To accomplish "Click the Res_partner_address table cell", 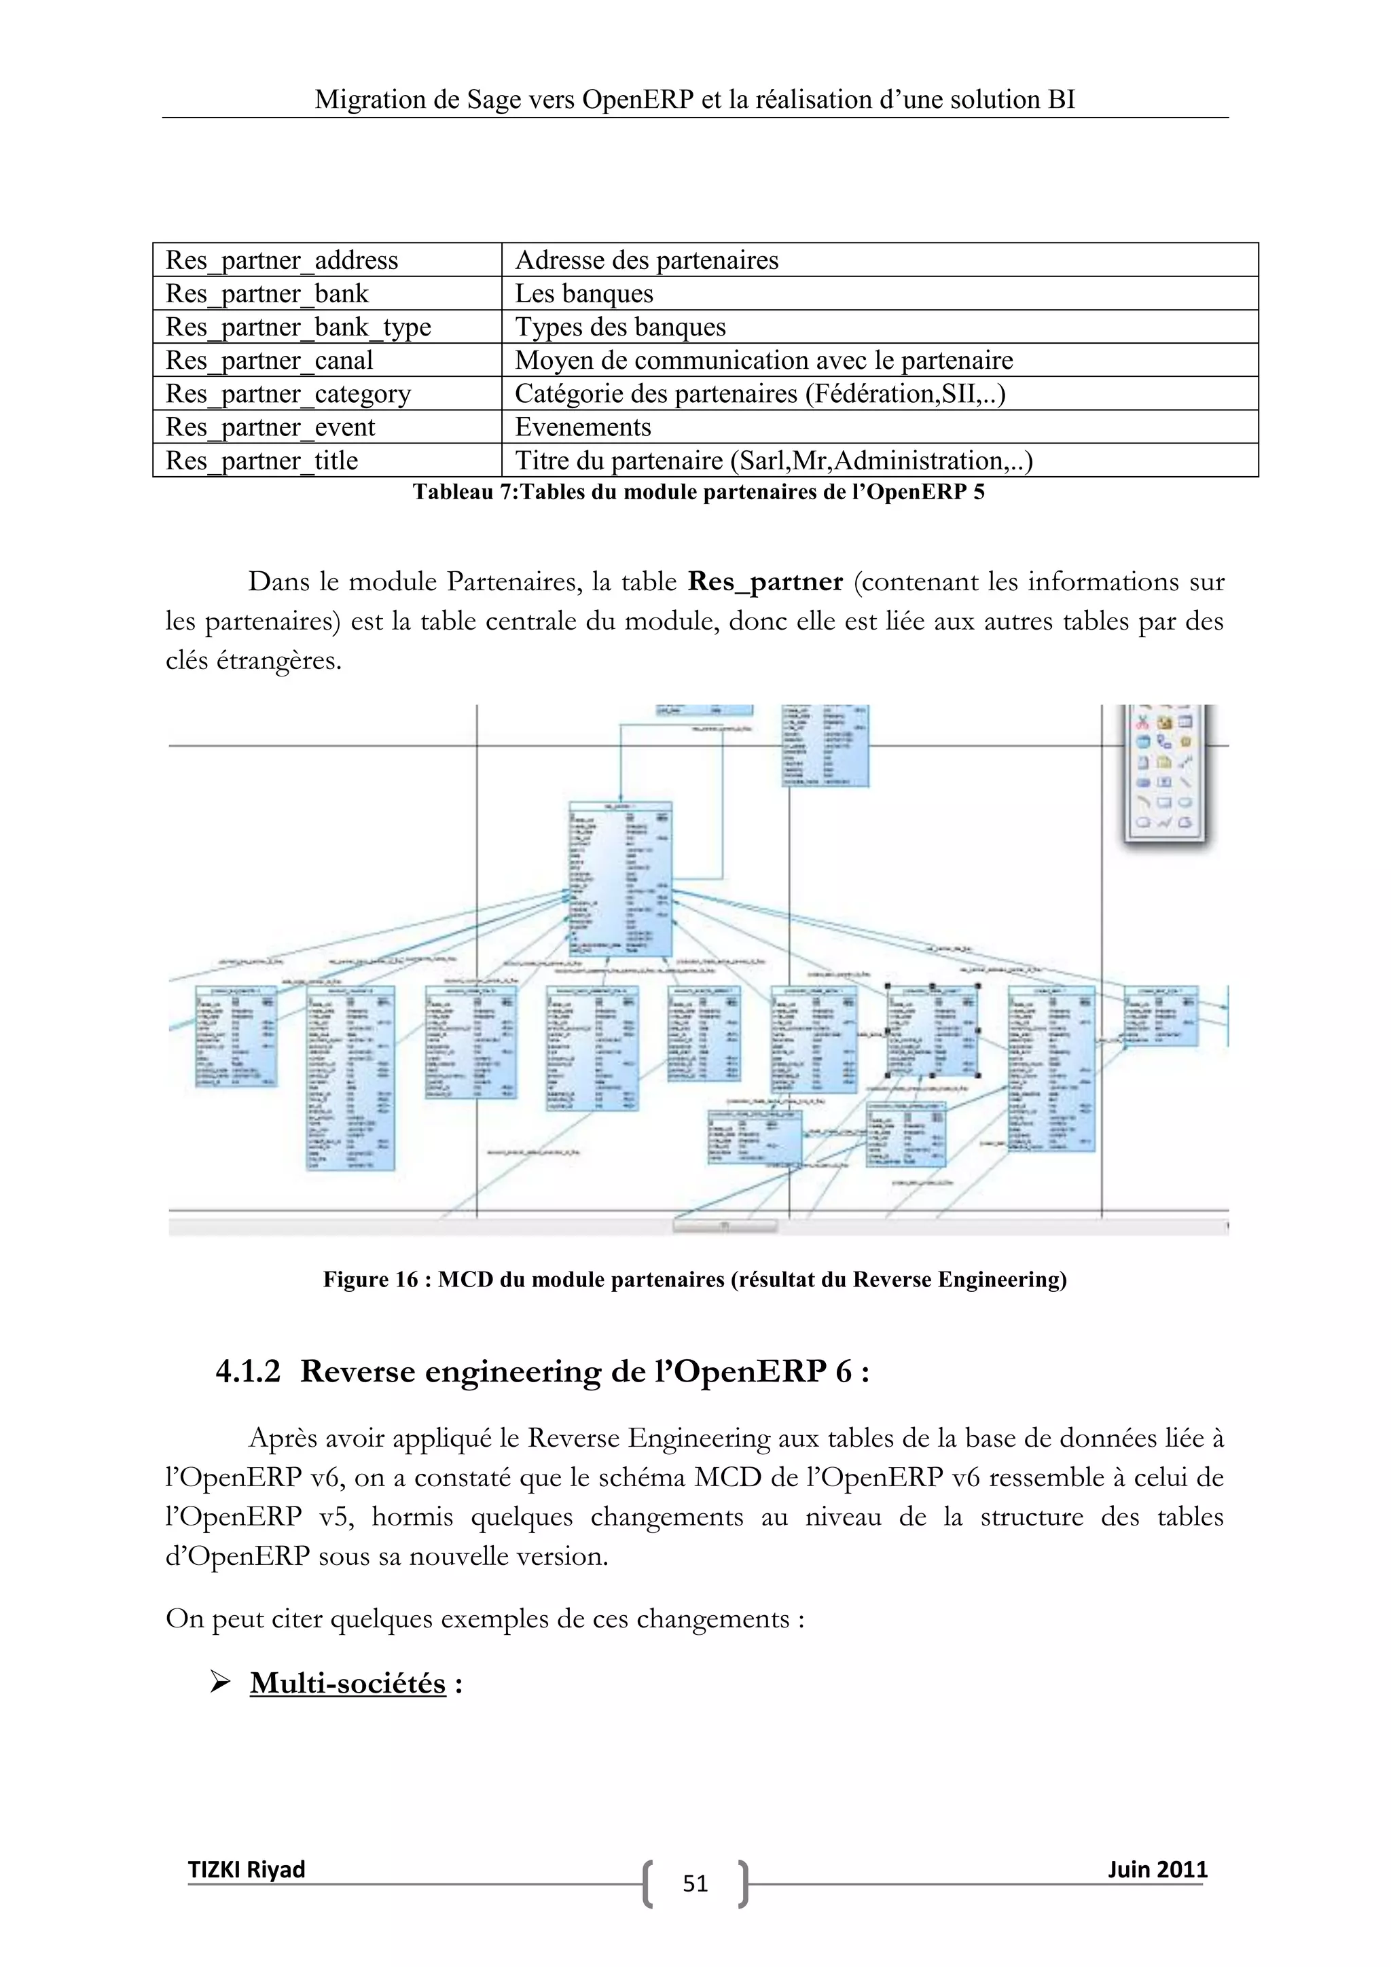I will (x=282, y=260).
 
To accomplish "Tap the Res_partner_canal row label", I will (x=269, y=361).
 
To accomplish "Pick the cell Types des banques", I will (x=620, y=327).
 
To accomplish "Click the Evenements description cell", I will (x=583, y=427).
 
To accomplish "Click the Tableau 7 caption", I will (x=698, y=492).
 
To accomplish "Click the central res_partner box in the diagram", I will (x=620, y=878).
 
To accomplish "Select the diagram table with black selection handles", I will (x=932, y=1030).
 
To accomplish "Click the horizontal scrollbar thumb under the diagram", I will (x=725, y=1226).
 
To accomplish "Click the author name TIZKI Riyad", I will (x=247, y=1869).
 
